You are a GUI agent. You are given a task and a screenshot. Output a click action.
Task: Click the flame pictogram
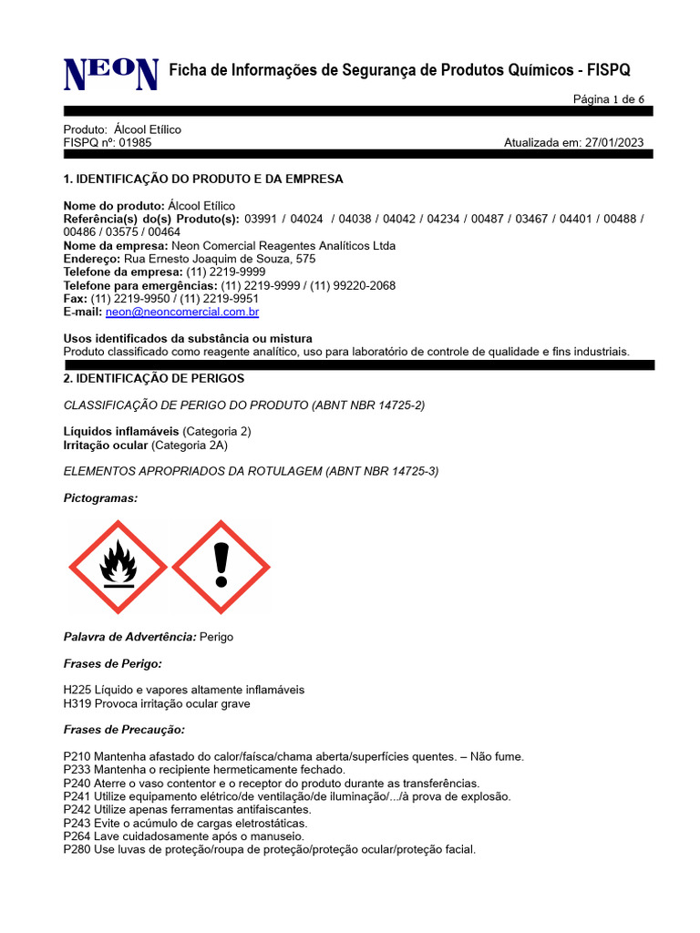point(118,567)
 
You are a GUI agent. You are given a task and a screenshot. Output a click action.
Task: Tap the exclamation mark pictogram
point(221,567)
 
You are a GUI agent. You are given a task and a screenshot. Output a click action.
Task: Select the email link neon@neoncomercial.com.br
point(182,313)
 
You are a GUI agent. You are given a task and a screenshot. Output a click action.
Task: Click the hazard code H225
point(77,690)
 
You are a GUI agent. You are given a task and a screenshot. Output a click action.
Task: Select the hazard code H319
point(77,703)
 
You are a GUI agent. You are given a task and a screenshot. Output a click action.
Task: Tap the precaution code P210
point(77,756)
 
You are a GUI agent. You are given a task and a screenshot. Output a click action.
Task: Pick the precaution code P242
point(77,810)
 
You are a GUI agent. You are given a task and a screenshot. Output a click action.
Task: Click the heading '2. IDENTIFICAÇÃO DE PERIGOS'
point(154,378)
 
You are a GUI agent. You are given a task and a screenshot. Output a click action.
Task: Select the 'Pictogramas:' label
point(100,498)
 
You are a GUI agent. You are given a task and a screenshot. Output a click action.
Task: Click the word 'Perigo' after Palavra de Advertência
point(216,637)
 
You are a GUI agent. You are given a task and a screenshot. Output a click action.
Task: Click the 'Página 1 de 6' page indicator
point(608,99)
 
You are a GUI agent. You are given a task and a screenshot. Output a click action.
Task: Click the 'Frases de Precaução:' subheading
point(124,730)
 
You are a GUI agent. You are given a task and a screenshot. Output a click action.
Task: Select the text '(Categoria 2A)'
point(190,445)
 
